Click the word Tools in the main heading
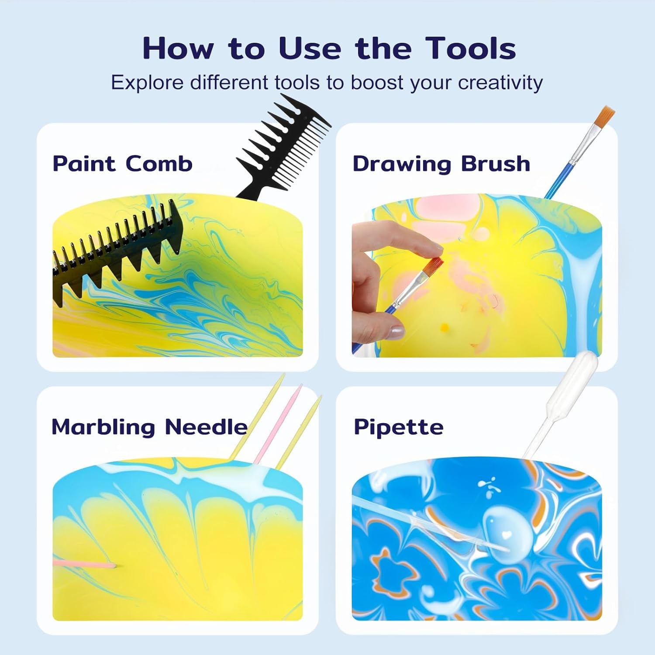tap(471, 48)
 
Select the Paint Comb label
tap(122, 164)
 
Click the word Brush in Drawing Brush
tap(496, 164)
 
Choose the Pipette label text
tap(398, 427)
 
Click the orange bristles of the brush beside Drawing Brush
tap(605, 116)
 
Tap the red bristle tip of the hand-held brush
tap(434, 264)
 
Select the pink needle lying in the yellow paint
tap(83, 564)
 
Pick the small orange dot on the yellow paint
tap(445, 326)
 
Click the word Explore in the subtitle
tap(147, 82)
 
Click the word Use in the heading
tap(310, 48)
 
